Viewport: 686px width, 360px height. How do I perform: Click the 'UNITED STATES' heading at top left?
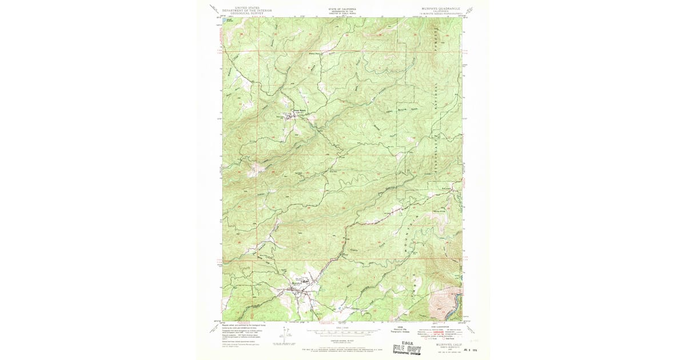242,7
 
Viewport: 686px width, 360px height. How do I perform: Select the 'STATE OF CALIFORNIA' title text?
342,10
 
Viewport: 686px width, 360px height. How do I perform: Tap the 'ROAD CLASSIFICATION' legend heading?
440,327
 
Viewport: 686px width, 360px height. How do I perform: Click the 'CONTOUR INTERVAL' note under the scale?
342,338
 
